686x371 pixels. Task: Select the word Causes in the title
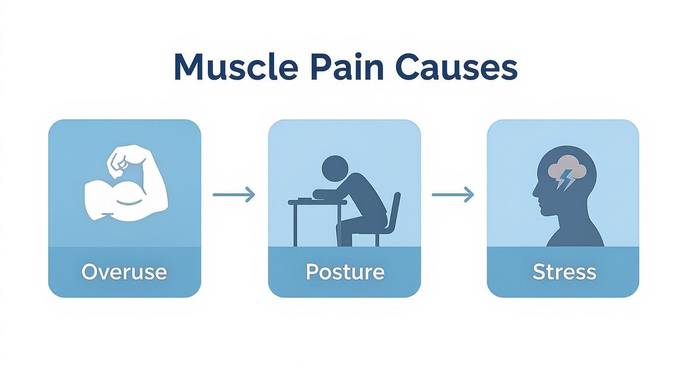click(456, 67)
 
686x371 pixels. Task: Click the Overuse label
click(124, 272)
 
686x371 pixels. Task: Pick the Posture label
click(344, 272)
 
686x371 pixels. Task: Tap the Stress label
click(564, 272)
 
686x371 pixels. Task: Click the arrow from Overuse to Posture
click(234, 195)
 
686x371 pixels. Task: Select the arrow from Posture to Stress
click(452, 195)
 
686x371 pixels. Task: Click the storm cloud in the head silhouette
click(567, 168)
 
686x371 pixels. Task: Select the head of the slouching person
click(335, 168)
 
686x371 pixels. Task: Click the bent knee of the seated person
click(345, 224)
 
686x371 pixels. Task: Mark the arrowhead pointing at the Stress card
click(470, 195)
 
